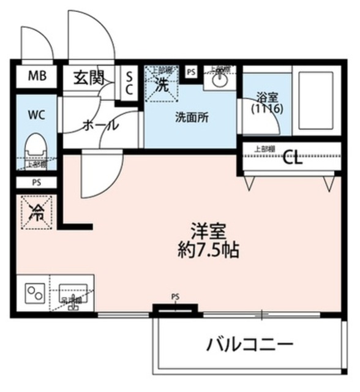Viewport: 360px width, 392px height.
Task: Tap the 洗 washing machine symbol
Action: click(x=162, y=85)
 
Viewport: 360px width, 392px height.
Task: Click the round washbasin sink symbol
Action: click(x=219, y=80)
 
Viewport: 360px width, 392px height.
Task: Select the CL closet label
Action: click(x=293, y=160)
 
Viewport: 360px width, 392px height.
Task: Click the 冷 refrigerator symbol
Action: click(x=36, y=213)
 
